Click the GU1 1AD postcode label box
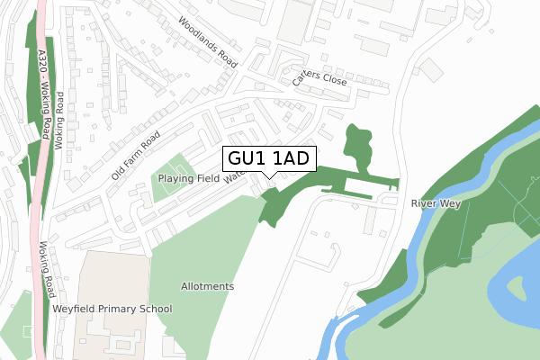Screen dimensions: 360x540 (x=268, y=158)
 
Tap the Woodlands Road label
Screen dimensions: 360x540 (x=208, y=42)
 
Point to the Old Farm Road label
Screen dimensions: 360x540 (x=136, y=155)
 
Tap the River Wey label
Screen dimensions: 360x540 (x=436, y=204)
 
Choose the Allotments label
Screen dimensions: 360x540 (x=207, y=286)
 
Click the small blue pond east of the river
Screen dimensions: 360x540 (x=518, y=288)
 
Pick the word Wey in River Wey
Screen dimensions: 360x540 (x=449, y=204)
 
